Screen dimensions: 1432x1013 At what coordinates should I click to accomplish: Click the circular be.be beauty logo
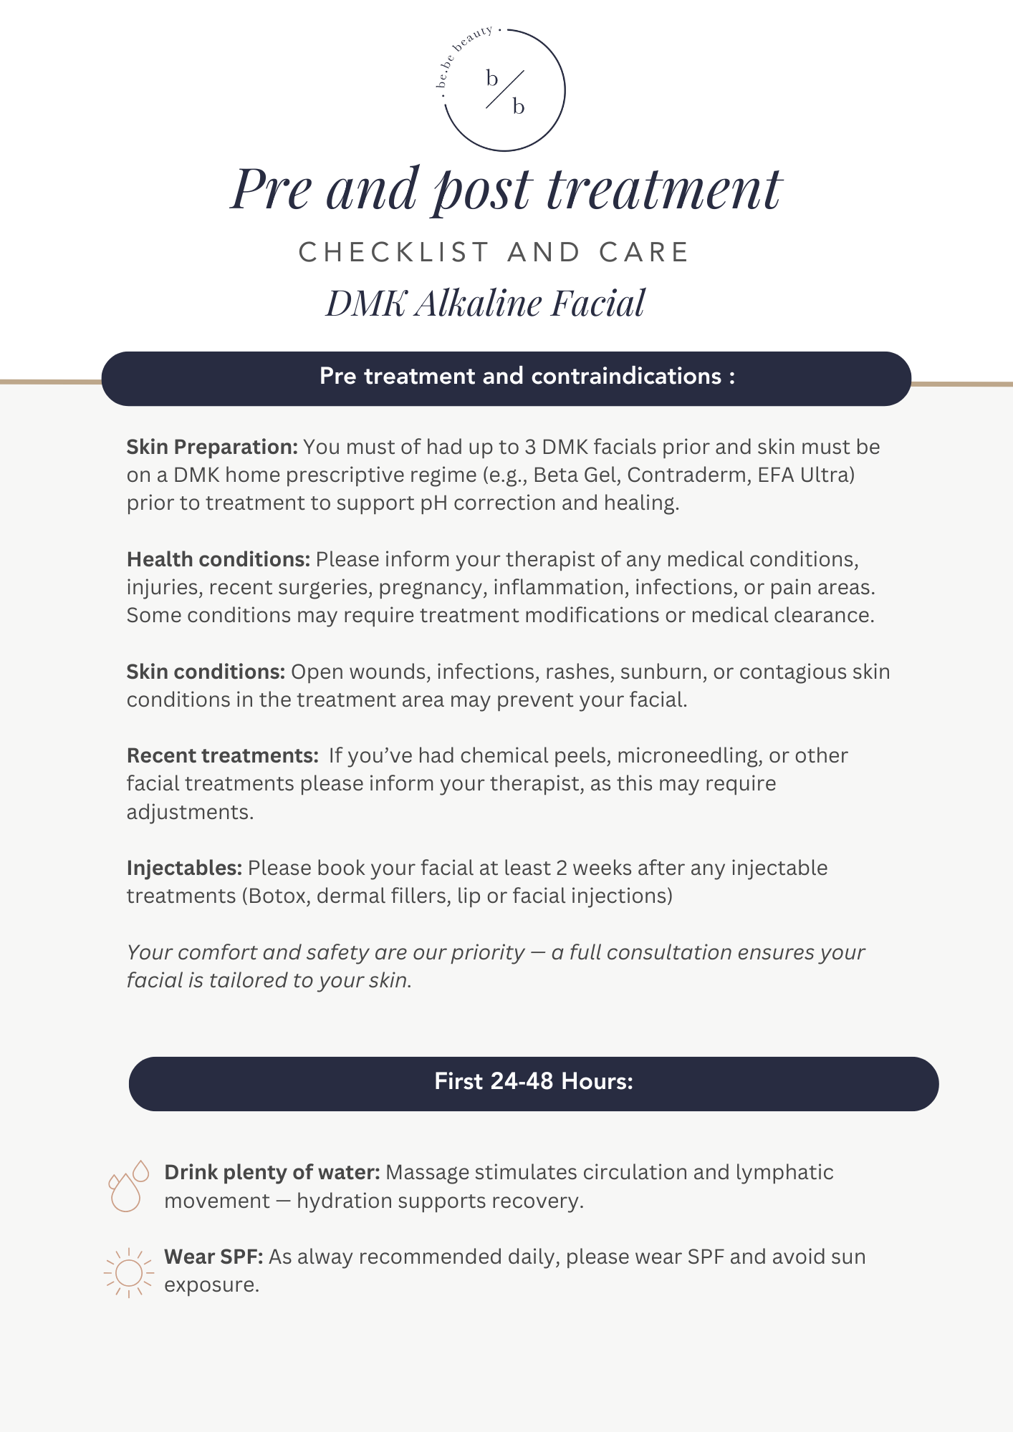click(x=504, y=90)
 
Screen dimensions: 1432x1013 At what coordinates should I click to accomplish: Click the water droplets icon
click(x=128, y=1186)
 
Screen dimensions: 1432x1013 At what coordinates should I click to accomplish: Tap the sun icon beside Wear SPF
click(x=128, y=1272)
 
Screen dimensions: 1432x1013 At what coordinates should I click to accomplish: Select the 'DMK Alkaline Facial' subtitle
click(x=486, y=303)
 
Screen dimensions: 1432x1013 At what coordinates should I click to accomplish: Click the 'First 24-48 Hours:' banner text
click(x=534, y=1081)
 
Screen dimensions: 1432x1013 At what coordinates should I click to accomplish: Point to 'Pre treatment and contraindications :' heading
click(x=527, y=377)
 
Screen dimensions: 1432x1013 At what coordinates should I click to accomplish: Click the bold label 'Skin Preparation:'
click(x=212, y=447)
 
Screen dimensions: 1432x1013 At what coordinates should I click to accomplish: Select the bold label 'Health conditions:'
click(x=219, y=559)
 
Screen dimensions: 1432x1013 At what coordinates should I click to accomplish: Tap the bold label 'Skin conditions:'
click(x=206, y=672)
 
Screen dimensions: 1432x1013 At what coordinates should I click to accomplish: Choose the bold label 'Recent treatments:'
click(x=222, y=755)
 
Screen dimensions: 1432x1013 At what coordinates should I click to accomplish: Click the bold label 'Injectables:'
click(x=184, y=868)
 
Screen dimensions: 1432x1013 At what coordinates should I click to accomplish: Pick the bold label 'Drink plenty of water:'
click(x=272, y=1172)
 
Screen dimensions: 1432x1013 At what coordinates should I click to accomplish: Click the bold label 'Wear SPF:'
click(x=213, y=1257)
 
